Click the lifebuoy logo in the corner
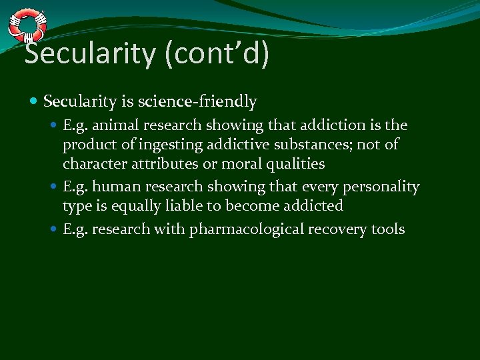[27, 25]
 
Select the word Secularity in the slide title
[88, 53]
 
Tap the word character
[94, 164]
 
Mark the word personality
[381, 187]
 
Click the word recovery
[341, 230]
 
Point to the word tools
[389, 230]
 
